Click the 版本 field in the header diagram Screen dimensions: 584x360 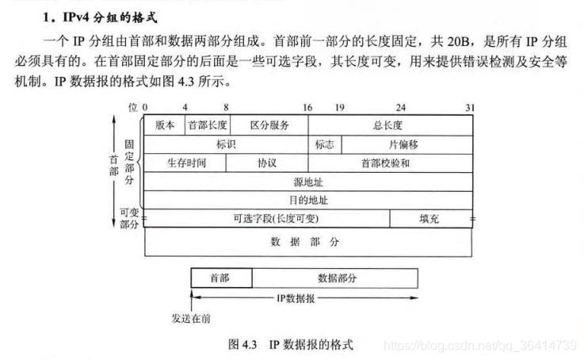(165, 125)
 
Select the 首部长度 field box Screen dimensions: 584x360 (207, 125)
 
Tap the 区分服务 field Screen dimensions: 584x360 (269, 125)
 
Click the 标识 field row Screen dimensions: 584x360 (226, 144)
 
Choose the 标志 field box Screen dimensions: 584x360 (325, 144)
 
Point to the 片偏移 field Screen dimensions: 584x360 (407, 144)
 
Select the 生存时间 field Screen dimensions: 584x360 (185, 163)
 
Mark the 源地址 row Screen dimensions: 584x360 (308, 182)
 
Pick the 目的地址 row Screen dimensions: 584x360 (308, 200)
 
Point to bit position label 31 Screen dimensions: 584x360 (470, 106)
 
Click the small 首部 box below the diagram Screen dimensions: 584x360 (221, 278)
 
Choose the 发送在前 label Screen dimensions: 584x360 (191, 320)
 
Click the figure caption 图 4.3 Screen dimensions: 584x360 (290, 344)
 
